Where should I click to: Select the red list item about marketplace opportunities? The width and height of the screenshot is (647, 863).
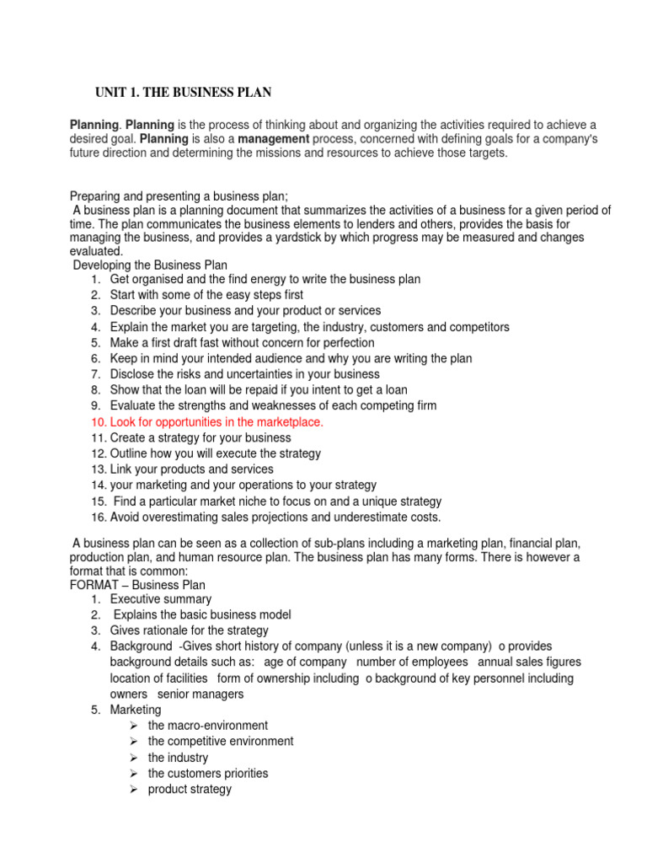216,421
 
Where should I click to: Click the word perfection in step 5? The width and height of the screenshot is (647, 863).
347,343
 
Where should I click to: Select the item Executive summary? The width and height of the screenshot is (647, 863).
160,598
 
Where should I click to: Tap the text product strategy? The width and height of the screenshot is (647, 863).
190,789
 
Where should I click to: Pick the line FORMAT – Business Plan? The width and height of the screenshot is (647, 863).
137,584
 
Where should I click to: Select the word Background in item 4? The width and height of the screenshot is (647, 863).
137,646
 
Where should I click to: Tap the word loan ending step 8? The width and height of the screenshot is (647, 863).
395,389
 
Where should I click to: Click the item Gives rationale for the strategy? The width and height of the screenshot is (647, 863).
189,630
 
